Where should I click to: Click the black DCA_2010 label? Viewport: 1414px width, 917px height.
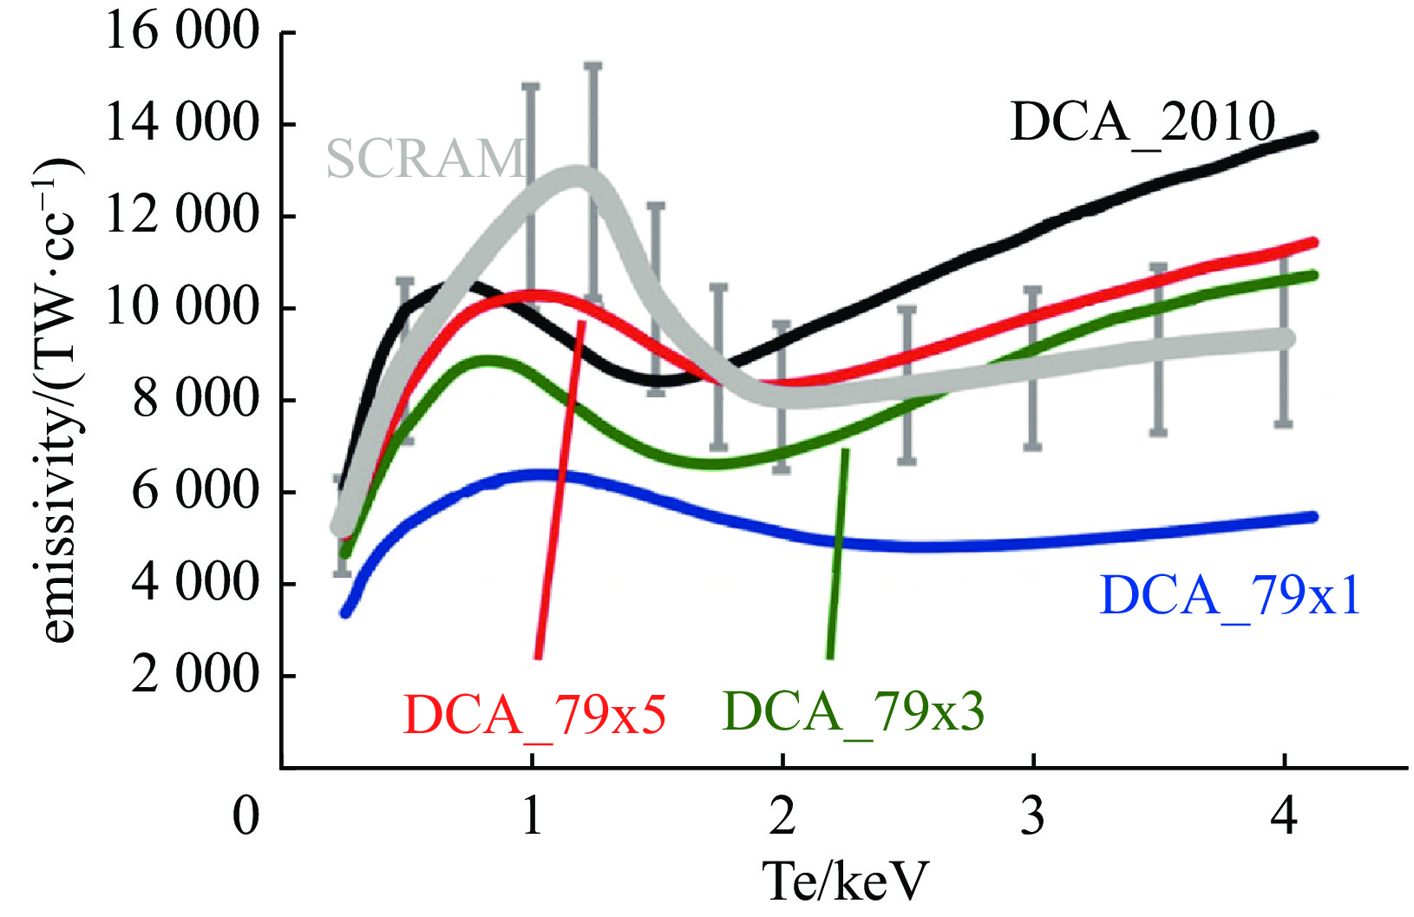click(1143, 121)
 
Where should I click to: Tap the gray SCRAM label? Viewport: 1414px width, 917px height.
click(425, 159)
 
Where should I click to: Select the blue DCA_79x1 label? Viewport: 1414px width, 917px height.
click(1229, 596)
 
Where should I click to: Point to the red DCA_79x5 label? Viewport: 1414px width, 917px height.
click(534, 715)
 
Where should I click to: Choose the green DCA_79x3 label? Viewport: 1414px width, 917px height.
click(854, 711)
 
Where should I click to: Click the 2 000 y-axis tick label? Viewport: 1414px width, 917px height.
click(195, 674)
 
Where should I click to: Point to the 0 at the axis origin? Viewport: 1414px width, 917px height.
click(246, 815)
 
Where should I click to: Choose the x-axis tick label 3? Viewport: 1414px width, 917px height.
click(1032, 815)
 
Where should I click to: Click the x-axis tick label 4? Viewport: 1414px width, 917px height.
click(1284, 815)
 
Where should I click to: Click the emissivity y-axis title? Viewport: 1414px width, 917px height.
click(59, 399)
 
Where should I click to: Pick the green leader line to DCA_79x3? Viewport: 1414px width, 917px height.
click(837, 555)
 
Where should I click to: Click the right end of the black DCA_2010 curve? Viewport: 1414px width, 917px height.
click(1313, 136)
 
